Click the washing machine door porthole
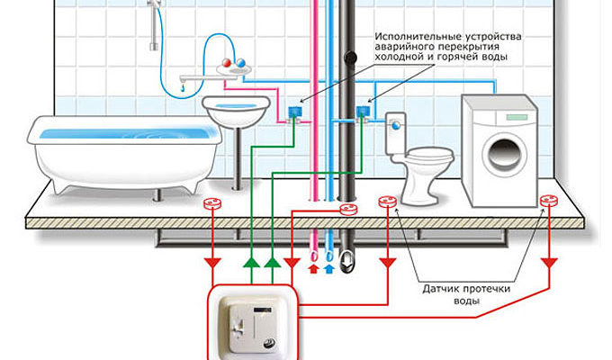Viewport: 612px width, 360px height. [504, 153]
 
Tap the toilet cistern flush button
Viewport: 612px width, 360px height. [396, 125]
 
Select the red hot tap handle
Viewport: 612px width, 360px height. [226, 63]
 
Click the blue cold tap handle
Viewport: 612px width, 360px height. [241, 63]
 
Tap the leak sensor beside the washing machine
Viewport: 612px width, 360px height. [549, 201]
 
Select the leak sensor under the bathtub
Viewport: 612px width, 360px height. [211, 203]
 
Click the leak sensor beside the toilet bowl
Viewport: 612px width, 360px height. [388, 202]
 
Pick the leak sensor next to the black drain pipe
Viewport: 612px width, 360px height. [348, 210]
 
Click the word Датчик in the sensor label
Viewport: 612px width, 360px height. [440, 289]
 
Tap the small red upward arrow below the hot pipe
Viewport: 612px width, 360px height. [313, 268]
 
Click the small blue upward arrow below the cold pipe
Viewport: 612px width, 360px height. [329, 268]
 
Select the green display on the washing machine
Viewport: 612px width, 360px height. [517, 117]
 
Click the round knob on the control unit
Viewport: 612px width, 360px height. [269, 344]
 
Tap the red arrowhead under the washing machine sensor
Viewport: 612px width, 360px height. [549, 263]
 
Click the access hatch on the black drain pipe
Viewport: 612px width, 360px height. [350, 58]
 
